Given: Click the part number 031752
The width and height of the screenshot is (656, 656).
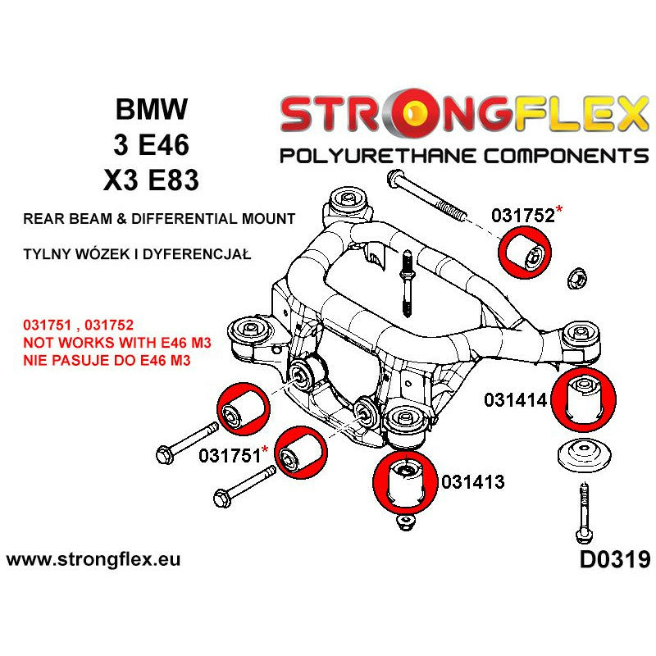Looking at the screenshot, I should [522, 215].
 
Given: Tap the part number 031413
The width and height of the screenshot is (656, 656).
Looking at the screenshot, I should [472, 482].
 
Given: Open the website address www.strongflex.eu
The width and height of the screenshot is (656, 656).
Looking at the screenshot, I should [93, 561].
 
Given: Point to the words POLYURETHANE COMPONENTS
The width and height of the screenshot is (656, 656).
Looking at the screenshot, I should [463, 156].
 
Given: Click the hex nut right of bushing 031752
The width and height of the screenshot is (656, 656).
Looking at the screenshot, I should [577, 278].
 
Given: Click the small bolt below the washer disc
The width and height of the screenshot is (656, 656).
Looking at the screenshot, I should [583, 513].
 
